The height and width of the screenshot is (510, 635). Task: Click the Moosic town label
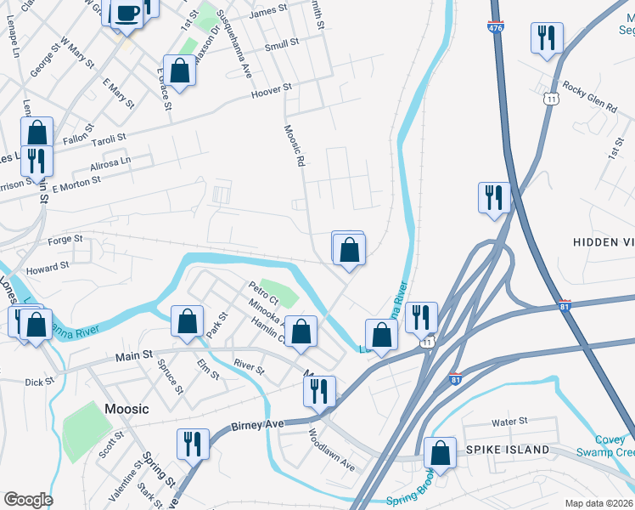pyautogui.click(x=126, y=409)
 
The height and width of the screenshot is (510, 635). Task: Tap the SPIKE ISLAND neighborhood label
pyautogui.click(x=507, y=449)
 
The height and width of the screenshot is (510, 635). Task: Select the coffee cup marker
pyautogui.click(x=127, y=15)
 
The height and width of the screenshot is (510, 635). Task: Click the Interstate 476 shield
pyautogui.click(x=495, y=27)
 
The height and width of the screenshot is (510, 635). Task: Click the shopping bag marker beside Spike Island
pyautogui.click(x=440, y=454)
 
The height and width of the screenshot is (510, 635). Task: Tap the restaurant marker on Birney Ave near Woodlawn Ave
pyautogui.click(x=318, y=392)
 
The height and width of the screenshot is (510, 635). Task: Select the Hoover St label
pyautogui.click(x=271, y=88)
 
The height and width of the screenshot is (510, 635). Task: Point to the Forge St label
pyautogui.click(x=66, y=241)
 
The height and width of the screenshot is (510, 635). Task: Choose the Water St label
pyautogui.click(x=509, y=421)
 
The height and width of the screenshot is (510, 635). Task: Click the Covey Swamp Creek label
pyautogui.click(x=604, y=445)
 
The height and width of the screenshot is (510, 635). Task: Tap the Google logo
pyautogui.click(x=28, y=500)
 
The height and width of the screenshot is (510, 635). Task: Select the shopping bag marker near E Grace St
pyautogui.click(x=180, y=71)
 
